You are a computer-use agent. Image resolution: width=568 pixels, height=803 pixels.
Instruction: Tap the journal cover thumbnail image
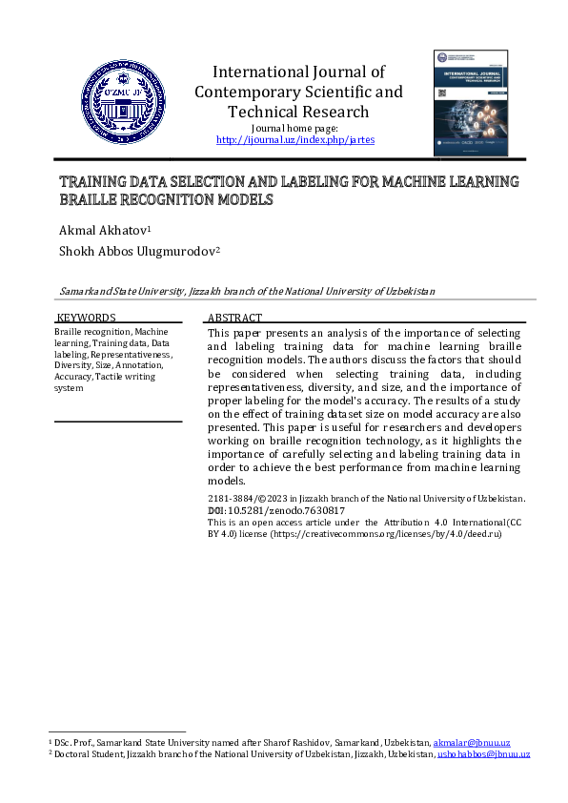pyautogui.click(x=471, y=103)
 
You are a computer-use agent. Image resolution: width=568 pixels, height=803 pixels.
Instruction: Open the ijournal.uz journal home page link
pyautogui.click(x=295, y=139)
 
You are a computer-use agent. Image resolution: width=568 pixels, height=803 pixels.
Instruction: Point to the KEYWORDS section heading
pyautogui.click(x=87, y=318)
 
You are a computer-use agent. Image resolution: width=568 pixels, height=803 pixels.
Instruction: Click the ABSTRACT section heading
pyautogui.click(x=234, y=318)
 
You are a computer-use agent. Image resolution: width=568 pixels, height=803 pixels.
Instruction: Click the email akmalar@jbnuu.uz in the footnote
pyautogui.click(x=472, y=742)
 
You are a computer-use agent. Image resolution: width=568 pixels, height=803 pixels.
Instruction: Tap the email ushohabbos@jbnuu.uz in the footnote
pyautogui.click(x=483, y=753)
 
